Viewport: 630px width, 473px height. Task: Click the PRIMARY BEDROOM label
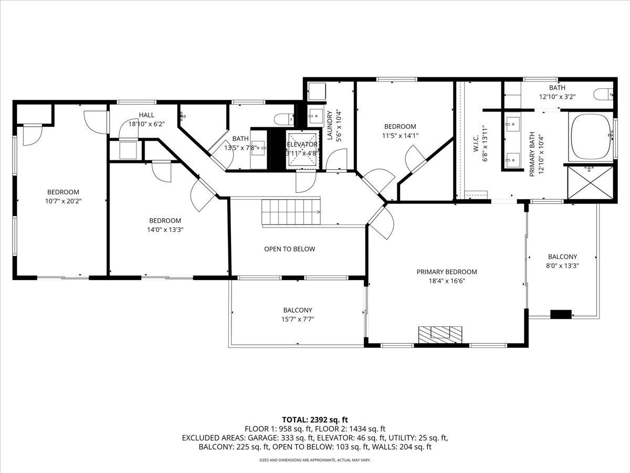tap(447, 272)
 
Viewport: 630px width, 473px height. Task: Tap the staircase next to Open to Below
tap(291, 212)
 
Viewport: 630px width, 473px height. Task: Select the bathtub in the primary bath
tap(591, 137)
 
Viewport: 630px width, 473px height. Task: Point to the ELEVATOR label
tap(302, 144)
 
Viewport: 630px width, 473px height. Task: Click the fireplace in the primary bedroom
tap(440, 335)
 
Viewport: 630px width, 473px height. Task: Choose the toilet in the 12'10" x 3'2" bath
tap(603, 94)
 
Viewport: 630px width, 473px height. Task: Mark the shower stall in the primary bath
tap(590, 182)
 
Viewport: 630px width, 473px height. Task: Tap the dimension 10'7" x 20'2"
tap(63, 201)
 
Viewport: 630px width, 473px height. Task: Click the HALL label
tap(146, 115)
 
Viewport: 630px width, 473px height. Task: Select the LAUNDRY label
tap(330, 126)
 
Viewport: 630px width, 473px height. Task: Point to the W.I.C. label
tap(475, 143)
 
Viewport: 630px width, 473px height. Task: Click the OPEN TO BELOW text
tap(290, 249)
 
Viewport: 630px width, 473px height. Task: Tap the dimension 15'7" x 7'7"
tap(298, 319)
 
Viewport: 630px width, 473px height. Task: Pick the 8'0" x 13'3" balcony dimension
tap(562, 265)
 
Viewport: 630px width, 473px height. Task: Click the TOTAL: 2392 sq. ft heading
tap(315, 419)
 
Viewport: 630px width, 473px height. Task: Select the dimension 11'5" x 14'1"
tap(400, 136)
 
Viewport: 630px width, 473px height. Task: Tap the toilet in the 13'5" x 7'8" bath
tap(284, 119)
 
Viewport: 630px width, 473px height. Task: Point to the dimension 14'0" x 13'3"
tap(165, 230)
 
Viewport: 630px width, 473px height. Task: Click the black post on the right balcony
tap(561, 314)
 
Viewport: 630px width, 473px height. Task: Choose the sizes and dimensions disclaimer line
tap(315, 460)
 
